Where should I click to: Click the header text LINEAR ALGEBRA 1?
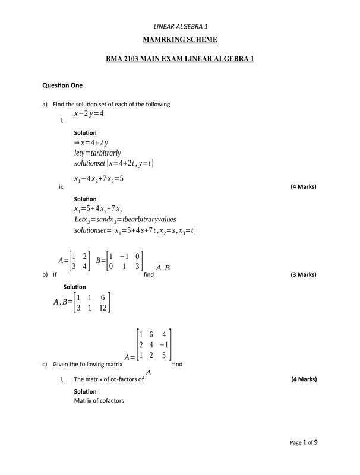180,26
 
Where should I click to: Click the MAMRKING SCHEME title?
180,40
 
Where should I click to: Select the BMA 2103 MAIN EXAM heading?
180,59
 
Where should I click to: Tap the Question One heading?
62,85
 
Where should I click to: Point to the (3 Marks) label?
303,275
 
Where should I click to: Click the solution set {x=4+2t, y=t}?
114,163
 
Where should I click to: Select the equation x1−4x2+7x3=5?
99,179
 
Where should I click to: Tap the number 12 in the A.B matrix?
103,308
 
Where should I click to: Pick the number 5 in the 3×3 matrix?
164,356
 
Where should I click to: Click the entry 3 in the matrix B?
137,267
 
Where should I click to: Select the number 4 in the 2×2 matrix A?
85,267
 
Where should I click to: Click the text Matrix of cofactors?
99,401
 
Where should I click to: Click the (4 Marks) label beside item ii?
303,187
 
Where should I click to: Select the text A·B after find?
163,268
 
